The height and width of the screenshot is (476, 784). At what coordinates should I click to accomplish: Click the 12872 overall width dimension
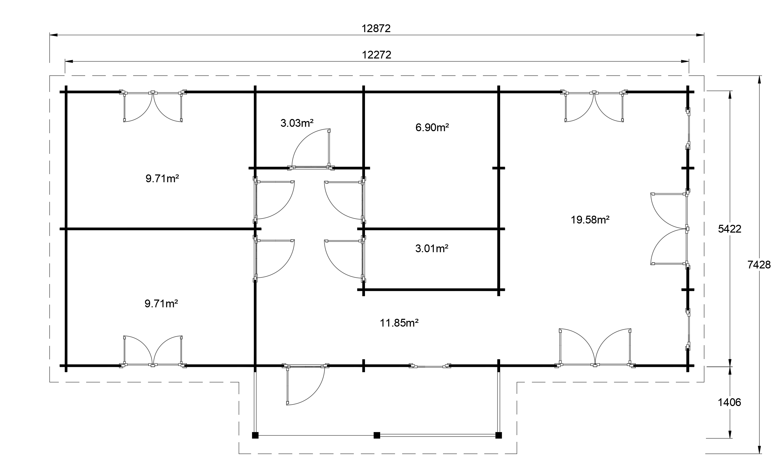coord(376,28)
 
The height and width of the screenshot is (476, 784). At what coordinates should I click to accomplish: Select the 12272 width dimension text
coord(376,55)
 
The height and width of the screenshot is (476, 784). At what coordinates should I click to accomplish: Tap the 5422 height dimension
coord(730,229)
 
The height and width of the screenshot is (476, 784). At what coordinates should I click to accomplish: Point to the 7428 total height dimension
coord(759,265)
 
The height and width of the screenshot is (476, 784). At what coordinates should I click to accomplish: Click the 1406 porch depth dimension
coord(729,402)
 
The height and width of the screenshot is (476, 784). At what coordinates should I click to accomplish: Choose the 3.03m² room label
coord(297,123)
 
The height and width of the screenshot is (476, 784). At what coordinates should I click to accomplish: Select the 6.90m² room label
coord(432,127)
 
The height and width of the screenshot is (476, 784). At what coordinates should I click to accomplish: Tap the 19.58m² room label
coord(590,220)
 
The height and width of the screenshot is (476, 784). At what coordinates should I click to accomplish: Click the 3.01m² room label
coord(432,249)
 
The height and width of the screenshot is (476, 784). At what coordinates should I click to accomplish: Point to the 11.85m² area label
coord(399,323)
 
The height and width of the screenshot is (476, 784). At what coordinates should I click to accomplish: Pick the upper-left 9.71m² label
coord(162,178)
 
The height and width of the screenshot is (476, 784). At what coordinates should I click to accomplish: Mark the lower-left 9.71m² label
coord(161,304)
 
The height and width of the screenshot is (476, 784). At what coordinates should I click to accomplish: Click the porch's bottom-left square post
coord(255,435)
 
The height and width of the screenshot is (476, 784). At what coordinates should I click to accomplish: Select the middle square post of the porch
coord(377,435)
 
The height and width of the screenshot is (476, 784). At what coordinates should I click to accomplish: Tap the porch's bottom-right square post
coord(498,435)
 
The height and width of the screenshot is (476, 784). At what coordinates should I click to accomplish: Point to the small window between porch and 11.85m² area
coord(430,366)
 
